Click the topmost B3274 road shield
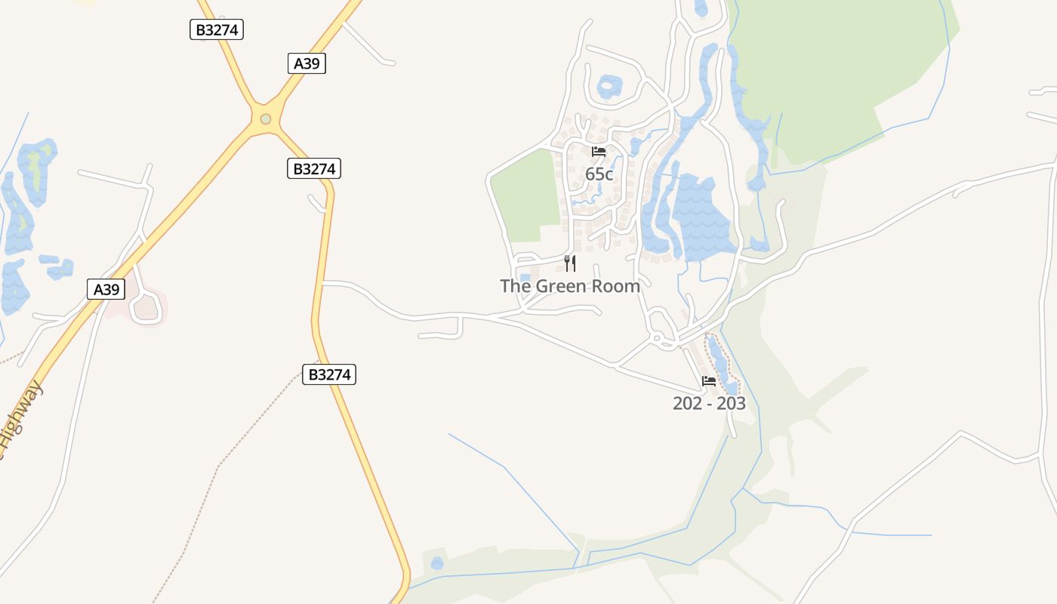217,29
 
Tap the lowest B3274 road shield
329,374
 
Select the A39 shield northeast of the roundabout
307,63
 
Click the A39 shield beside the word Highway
106,289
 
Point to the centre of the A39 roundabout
265,119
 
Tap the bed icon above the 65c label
599,152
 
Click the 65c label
599,174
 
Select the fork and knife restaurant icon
570,263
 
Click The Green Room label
570,286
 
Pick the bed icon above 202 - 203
709,381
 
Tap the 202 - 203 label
709,403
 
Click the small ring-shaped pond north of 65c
609,87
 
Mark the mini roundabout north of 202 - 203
657,337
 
